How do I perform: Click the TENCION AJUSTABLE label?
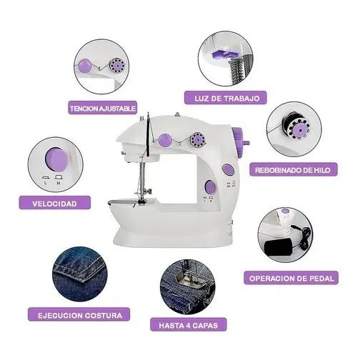(103, 109)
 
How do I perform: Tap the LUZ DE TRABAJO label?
(226, 98)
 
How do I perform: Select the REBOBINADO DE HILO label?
(293, 170)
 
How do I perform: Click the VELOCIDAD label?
(55, 203)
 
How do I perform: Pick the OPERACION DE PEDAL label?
(291, 278)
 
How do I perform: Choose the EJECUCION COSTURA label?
(79, 315)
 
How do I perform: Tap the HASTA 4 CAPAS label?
(188, 325)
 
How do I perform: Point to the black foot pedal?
(279, 246)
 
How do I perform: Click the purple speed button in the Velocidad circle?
(56, 159)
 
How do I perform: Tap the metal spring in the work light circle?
(236, 71)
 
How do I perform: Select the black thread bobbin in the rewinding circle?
(295, 126)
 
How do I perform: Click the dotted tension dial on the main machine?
(198, 139)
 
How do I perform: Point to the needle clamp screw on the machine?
(149, 191)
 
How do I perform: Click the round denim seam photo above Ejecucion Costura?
(80, 274)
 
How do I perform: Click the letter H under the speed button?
(59, 184)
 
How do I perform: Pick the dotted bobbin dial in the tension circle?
(117, 66)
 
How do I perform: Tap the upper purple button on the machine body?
(228, 169)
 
